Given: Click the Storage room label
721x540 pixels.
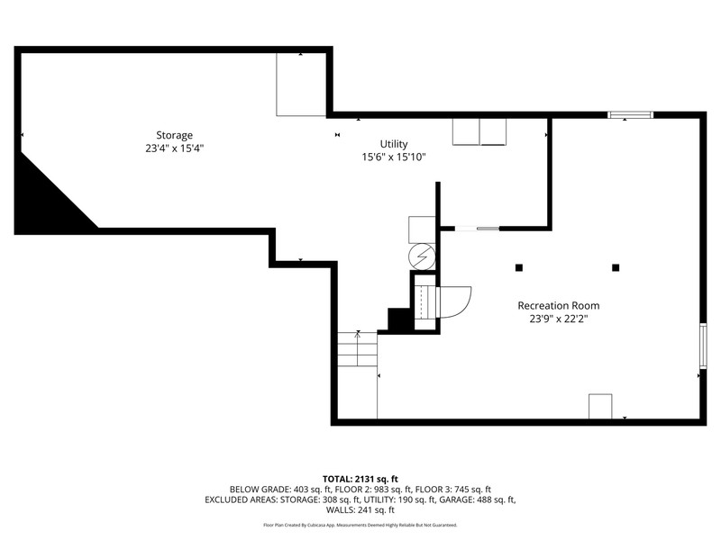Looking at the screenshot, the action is click(174, 136).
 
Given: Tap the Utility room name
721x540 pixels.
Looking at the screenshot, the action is click(394, 144).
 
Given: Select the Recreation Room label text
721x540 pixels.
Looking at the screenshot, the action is click(559, 305).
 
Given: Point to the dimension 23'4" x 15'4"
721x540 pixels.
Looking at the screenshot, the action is click(174, 148).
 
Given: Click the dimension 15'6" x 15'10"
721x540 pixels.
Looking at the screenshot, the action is click(394, 157).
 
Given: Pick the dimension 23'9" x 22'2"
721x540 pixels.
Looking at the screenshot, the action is click(559, 319).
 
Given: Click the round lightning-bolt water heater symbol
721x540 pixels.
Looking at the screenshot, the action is click(422, 256).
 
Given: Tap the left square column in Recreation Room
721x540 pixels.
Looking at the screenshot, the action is click(519, 267).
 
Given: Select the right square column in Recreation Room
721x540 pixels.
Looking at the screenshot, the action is click(616, 267).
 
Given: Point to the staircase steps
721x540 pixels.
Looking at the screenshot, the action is click(357, 349).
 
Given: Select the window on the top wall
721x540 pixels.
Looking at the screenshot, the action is click(630, 115).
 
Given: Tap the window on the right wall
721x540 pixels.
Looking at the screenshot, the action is click(703, 346).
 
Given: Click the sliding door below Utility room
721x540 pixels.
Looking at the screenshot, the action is click(477, 229).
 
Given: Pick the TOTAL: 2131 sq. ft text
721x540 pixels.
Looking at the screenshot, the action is click(360, 480).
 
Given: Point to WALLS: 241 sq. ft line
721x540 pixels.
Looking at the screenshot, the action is click(360, 509).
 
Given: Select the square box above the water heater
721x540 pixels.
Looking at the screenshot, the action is click(422, 229).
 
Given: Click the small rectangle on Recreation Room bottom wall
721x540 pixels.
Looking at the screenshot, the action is click(600, 407).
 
